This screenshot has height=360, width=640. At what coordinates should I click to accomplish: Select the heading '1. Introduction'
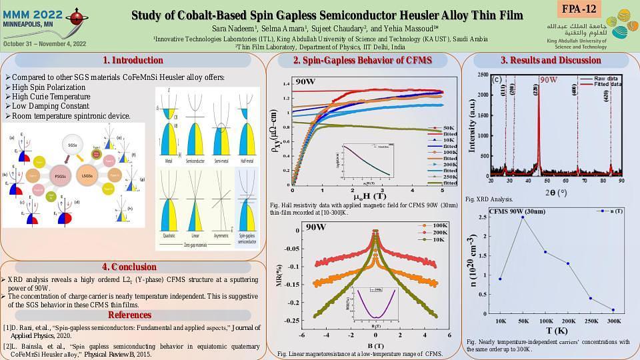133,60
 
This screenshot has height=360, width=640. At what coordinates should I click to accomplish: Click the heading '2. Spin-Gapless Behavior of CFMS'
363,60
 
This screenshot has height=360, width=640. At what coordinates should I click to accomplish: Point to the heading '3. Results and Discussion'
550,60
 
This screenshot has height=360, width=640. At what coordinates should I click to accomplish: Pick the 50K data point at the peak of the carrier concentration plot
523,217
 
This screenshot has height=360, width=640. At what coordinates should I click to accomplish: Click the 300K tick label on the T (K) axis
613,321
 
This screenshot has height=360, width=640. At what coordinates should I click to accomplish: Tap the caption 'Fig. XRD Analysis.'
489,199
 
